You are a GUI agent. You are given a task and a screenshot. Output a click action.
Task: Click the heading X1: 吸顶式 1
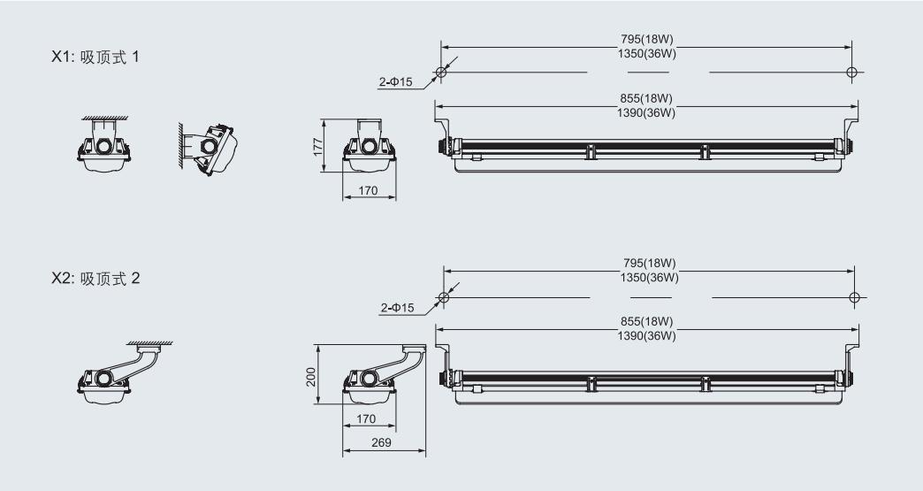coord(95,58)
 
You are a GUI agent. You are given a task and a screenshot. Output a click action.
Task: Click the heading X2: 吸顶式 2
coord(95,279)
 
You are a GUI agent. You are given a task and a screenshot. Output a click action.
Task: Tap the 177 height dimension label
coord(318,147)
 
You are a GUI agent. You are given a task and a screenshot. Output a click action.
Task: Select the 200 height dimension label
coord(311,377)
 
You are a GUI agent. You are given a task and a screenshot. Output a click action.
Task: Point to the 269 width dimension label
coord(381,442)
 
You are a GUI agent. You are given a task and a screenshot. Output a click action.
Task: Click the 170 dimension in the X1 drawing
coord(368,190)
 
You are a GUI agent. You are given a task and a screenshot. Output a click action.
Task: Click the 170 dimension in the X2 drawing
coord(366,418)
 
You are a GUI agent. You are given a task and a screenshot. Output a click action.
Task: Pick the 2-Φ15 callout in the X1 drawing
coord(395,81)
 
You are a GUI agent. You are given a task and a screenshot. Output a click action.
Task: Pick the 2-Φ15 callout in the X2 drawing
coord(397,307)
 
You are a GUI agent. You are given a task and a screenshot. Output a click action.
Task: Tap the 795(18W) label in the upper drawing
coord(647,40)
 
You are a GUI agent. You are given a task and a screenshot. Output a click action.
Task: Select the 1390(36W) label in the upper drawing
coord(646,112)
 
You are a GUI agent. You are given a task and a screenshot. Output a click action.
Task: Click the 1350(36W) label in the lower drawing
coord(649,277)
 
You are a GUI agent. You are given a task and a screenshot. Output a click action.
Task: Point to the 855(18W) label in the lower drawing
coord(646,321)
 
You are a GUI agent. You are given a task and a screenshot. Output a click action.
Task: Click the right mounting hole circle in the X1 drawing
coord(851,73)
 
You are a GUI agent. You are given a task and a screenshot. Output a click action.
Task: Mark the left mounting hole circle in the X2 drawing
coord(444,298)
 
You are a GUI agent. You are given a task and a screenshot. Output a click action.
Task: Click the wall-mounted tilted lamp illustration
coord(208,150)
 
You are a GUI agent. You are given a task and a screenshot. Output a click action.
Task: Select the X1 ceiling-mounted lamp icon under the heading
coord(104,144)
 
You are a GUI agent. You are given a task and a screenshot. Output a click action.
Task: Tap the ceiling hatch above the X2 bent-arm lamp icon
coord(150,342)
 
